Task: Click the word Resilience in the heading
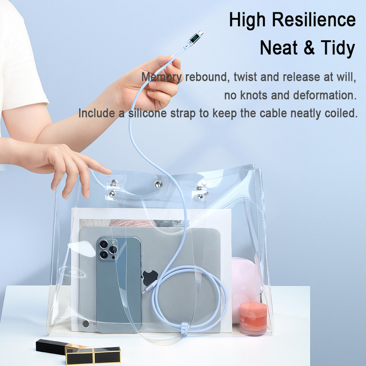(x=314, y=20)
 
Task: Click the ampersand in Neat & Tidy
(x=310, y=48)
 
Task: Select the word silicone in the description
(x=147, y=113)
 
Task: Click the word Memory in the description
(x=161, y=77)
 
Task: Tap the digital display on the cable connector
(x=194, y=38)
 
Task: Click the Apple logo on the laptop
(x=150, y=278)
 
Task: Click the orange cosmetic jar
(x=253, y=318)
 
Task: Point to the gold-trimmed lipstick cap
(x=93, y=355)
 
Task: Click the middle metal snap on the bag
(x=158, y=184)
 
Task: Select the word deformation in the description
(x=325, y=95)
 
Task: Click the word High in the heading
(x=248, y=20)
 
